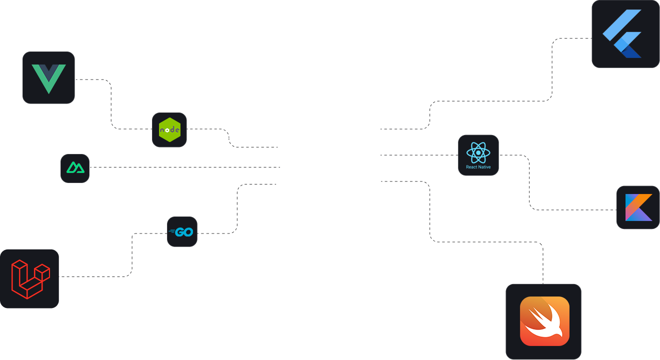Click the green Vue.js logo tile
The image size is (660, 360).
point(48,77)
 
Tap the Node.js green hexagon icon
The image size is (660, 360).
point(169,130)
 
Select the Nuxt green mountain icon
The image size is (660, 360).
point(75,168)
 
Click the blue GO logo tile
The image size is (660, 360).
point(182,232)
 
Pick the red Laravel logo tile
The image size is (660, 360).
point(29,278)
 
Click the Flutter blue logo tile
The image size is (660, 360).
point(625,34)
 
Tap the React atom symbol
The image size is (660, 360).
point(478,152)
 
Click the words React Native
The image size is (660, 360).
point(478,167)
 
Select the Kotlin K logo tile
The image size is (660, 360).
point(638,207)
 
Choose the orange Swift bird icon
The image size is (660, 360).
point(544,321)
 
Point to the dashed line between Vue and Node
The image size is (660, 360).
point(111,105)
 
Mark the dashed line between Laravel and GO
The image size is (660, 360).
point(132,255)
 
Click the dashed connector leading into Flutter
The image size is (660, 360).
point(552,70)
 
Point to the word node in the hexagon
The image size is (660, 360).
point(169,130)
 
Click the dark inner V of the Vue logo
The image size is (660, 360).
point(48,71)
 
